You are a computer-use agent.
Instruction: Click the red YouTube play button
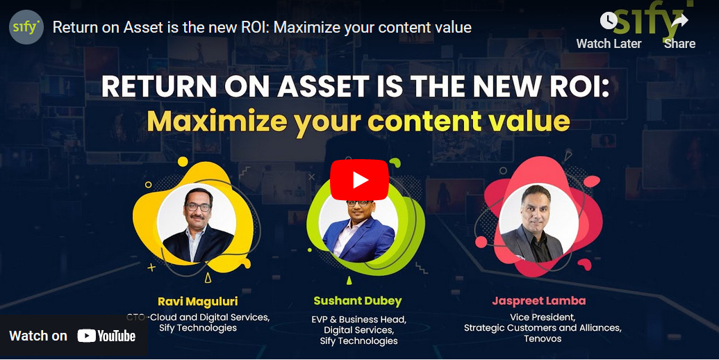click(x=359, y=180)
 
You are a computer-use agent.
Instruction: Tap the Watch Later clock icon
click(x=609, y=21)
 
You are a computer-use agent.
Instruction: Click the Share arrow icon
click(x=679, y=21)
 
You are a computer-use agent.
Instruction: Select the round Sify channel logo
click(x=26, y=28)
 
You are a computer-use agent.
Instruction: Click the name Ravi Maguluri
click(x=197, y=301)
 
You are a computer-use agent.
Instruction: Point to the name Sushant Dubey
click(x=358, y=301)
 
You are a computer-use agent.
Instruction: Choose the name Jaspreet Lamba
click(x=539, y=301)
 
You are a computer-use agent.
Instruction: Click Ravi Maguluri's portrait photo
click(x=197, y=223)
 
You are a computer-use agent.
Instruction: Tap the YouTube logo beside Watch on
click(x=106, y=336)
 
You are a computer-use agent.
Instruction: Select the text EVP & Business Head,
click(x=358, y=319)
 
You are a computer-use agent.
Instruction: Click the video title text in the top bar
click(x=262, y=28)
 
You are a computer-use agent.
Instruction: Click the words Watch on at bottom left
click(x=38, y=336)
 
